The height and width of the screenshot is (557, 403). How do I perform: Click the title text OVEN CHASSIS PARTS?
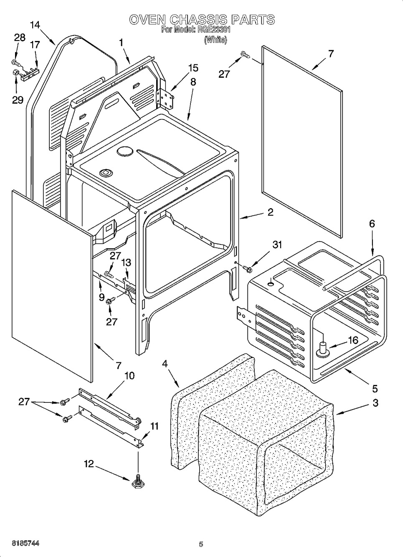point(201,19)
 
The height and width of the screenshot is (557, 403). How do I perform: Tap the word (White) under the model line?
point(215,40)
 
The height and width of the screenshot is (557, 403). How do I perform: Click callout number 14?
point(35,25)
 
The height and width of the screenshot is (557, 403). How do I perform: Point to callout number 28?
point(20,38)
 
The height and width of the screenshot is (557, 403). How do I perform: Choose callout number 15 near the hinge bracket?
point(193,68)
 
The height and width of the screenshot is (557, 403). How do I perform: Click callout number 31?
point(277,245)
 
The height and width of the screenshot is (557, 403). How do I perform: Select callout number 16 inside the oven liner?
point(353,340)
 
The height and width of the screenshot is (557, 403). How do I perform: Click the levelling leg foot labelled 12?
point(137,483)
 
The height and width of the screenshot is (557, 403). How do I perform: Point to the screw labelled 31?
point(246,268)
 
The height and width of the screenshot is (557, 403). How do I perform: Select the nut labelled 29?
point(15,74)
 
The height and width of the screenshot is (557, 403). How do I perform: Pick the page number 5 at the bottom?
point(201,544)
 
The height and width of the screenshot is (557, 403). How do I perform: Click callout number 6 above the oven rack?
point(371,224)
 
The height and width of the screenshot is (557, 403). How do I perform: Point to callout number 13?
point(126,262)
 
